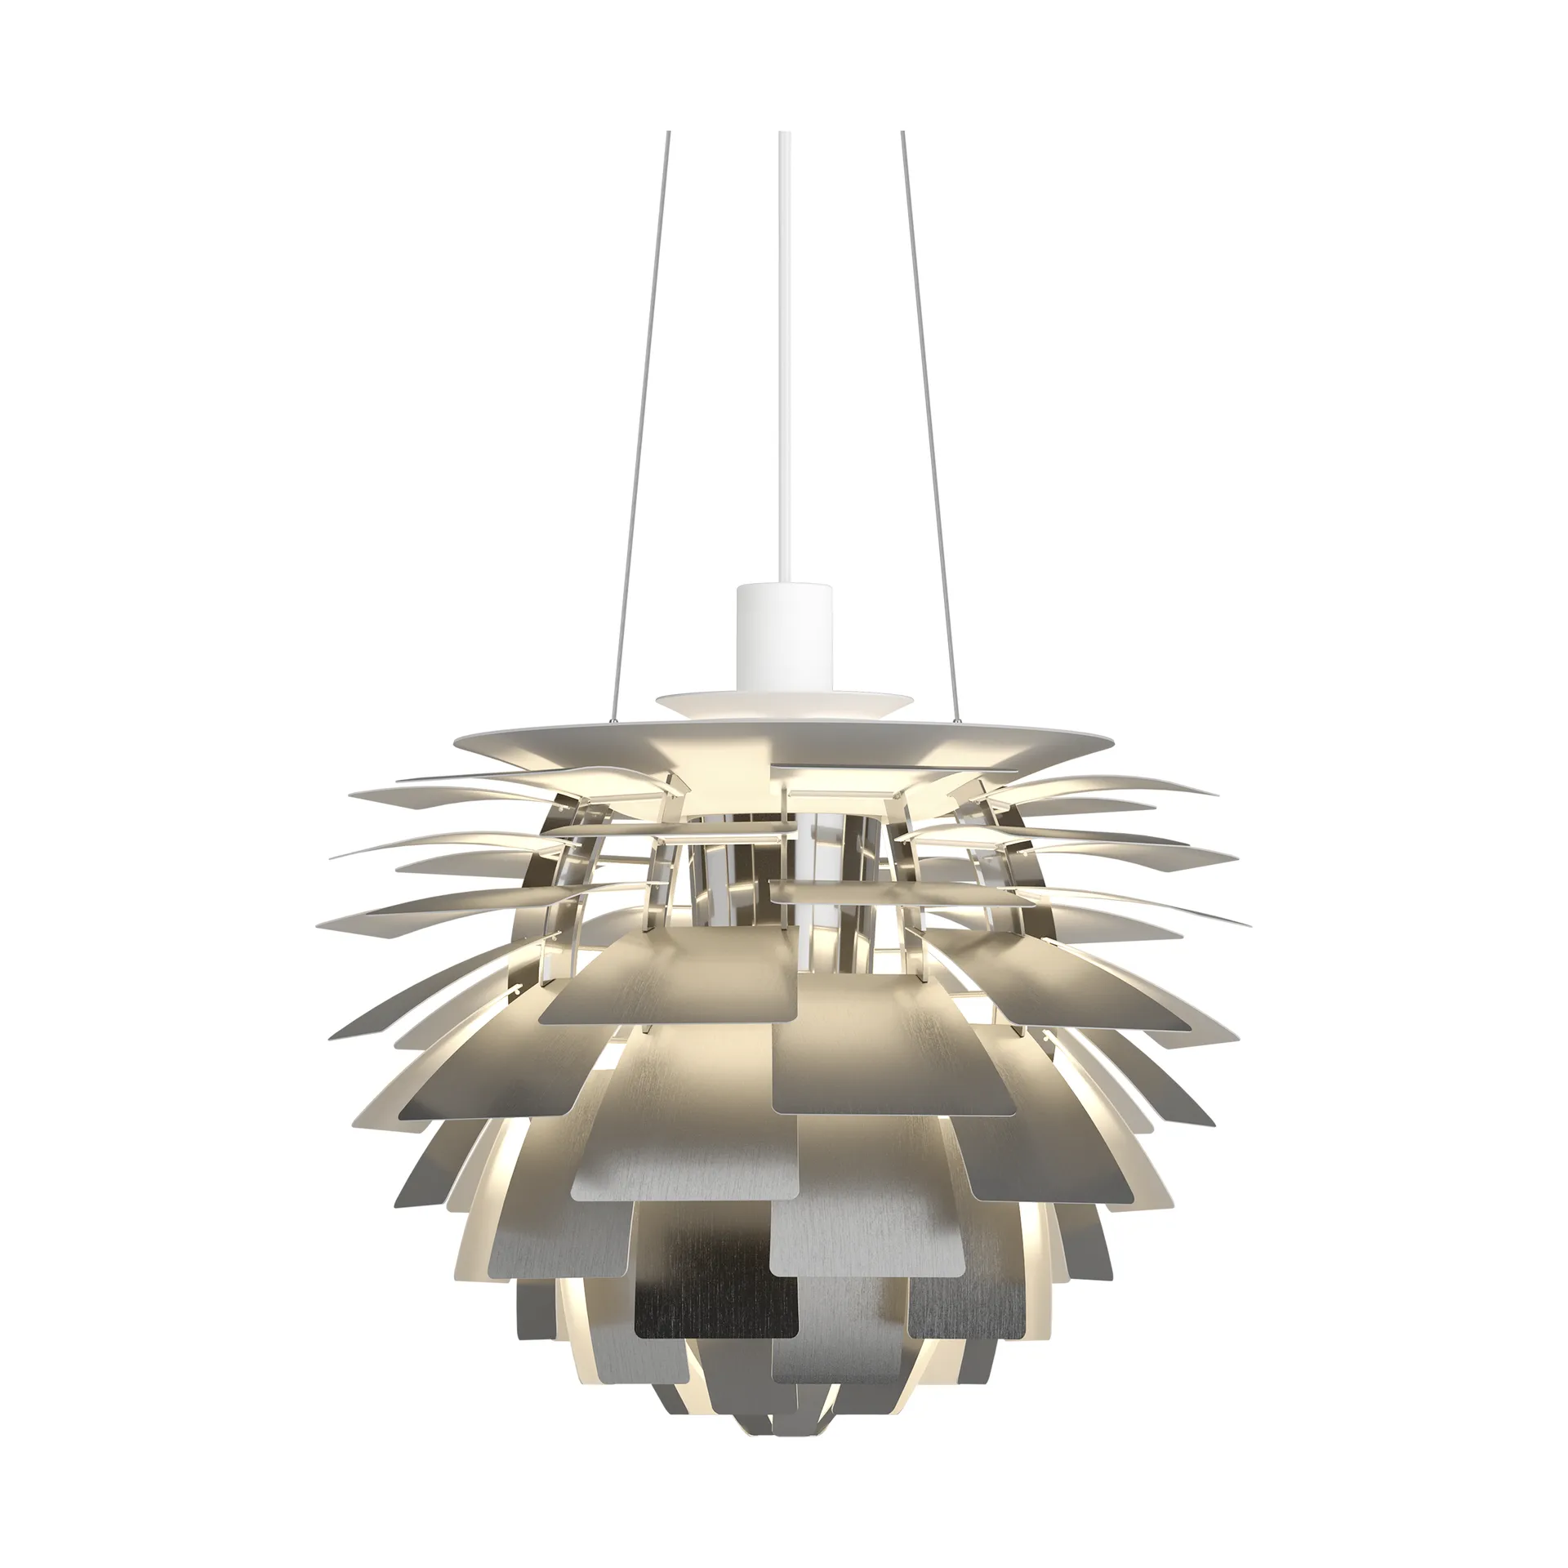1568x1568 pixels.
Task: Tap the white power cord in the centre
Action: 785,367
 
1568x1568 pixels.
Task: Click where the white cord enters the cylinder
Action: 785,585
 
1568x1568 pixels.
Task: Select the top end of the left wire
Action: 669,133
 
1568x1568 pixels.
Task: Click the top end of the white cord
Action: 785,133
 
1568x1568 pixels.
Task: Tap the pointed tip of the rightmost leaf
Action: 1249,925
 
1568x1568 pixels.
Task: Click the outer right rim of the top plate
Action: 1114,738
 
